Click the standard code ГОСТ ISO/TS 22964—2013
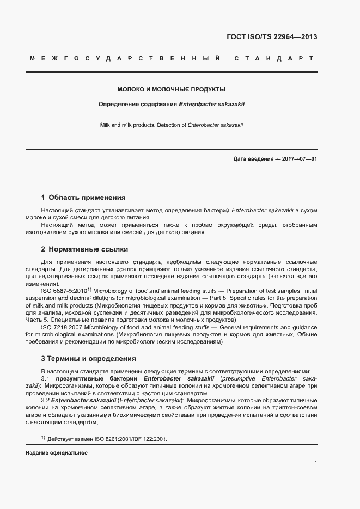[x=271, y=37]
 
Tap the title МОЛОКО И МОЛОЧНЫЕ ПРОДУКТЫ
[x=172, y=89]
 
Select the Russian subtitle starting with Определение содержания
[x=172, y=104]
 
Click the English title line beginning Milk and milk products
[x=172, y=125]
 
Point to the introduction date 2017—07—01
[x=298, y=159]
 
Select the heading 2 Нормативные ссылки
[x=84, y=249]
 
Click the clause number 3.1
[x=46, y=378]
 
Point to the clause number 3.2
[x=46, y=401]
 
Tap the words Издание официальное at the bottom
[x=57, y=453]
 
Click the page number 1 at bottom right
[x=316, y=463]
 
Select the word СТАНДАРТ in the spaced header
[x=273, y=58]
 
